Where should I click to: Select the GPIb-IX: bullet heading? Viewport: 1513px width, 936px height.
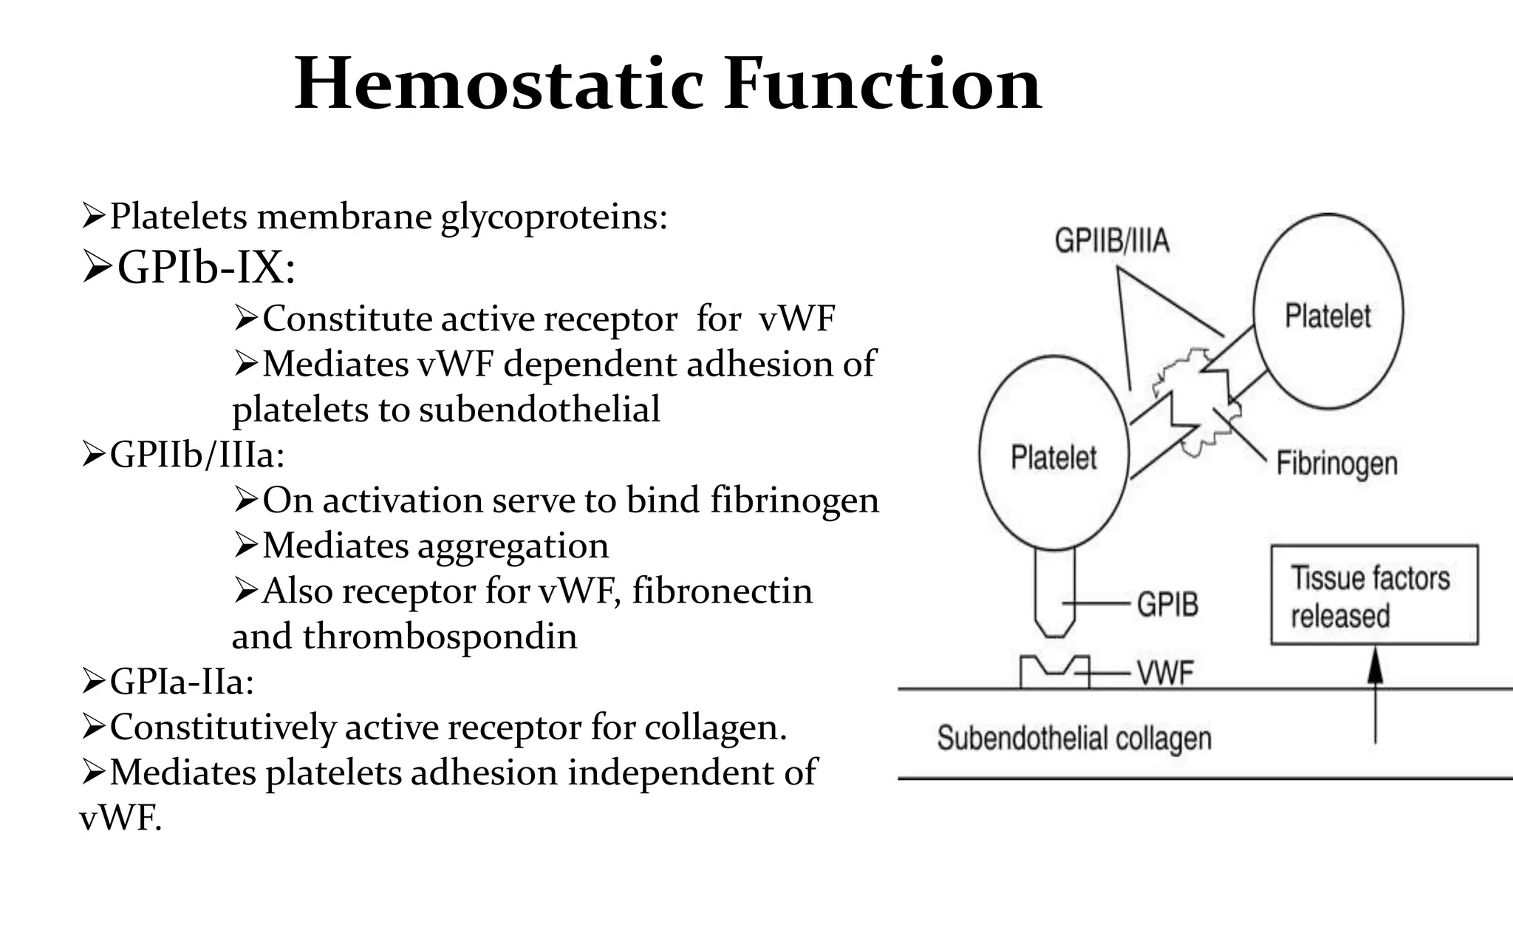coord(206,267)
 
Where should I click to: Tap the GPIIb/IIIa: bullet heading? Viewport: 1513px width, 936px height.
coord(197,454)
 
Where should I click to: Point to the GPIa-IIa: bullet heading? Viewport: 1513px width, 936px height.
coord(182,681)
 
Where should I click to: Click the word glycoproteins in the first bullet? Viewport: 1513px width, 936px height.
coord(554,217)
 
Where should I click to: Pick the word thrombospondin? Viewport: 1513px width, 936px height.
coord(440,637)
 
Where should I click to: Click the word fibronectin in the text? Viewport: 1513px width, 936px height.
coord(722,591)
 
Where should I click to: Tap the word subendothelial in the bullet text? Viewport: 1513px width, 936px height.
coord(539,410)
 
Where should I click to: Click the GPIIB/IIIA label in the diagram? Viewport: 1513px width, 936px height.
coord(1112,241)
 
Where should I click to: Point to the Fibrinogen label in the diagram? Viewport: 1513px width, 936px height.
coord(1337,464)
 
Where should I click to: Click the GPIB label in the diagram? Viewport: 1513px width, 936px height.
coord(1167,604)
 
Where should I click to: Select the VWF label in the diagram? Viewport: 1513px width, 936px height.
coord(1165,674)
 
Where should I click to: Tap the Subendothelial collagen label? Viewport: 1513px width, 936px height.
coord(1074,738)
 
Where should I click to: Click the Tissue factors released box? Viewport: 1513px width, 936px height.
coord(1374,595)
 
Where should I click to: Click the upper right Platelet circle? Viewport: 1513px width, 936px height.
coord(1328,311)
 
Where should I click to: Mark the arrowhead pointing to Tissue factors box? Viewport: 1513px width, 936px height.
coord(1374,665)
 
